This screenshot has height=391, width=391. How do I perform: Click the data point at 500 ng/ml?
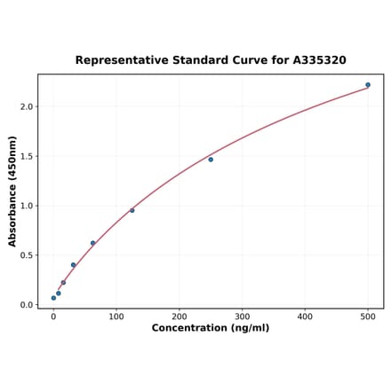point(368,85)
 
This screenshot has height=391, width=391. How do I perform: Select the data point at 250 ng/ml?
point(211,160)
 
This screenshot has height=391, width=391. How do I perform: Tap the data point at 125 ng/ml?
point(132,210)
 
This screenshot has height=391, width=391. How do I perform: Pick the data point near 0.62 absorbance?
point(92,243)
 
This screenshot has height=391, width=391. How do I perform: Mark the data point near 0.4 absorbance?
point(73,264)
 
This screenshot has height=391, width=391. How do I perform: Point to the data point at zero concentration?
point(53,298)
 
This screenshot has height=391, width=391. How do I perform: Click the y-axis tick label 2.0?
point(26,106)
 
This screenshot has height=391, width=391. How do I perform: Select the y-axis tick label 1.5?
point(26,156)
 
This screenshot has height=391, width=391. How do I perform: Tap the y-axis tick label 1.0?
point(26,206)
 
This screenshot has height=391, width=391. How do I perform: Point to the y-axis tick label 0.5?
point(26,255)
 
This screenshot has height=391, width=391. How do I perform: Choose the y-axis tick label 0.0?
point(26,305)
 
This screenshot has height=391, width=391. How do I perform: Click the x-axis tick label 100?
point(116,317)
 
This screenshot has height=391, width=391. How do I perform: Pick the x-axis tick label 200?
point(180,317)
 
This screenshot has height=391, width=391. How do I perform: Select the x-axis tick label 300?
point(243,317)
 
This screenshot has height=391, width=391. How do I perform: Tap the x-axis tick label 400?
point(305,317)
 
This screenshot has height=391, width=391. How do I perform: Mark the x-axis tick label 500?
point(368,317)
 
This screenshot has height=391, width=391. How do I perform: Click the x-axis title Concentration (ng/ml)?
point(211,329)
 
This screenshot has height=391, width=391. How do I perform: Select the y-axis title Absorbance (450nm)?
point(12,191)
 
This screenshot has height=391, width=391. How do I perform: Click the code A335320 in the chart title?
point(319,60)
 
